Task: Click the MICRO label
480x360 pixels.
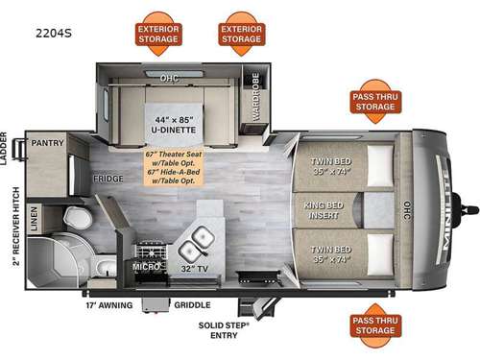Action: [x=145, y=264]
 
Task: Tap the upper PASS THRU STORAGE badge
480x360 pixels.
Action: [x=374, y=100]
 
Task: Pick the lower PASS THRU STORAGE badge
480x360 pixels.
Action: [x=374, y=324]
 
